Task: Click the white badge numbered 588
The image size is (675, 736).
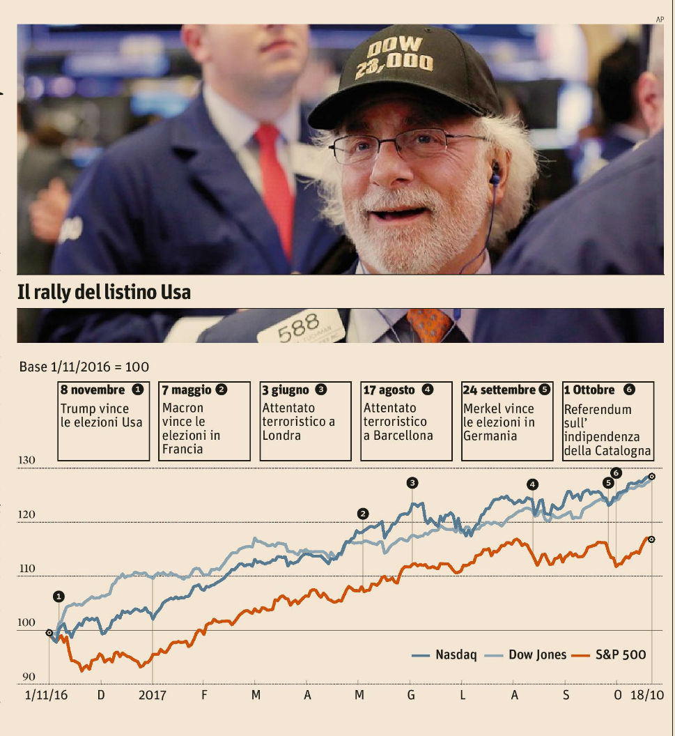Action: point(300,326)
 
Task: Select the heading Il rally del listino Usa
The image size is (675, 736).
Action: point(104,293)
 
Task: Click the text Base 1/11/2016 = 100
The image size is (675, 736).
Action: point(84,367)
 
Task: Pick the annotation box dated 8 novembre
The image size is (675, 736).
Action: point(103,421)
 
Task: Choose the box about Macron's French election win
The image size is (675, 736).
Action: point(205,421)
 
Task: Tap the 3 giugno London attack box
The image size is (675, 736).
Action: point(305,421)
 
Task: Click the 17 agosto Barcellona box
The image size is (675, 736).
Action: point(406,421)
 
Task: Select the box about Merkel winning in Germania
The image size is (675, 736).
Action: point(507,421)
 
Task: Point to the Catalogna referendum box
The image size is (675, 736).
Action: point(608,421)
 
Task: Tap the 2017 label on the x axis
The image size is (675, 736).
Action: point(153,695)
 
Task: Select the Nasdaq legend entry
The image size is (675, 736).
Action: point(444,654)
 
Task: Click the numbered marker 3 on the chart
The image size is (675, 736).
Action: point(412,482)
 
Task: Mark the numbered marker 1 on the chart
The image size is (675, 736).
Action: point(59,596)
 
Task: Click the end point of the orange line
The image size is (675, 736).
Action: point(651,539)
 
